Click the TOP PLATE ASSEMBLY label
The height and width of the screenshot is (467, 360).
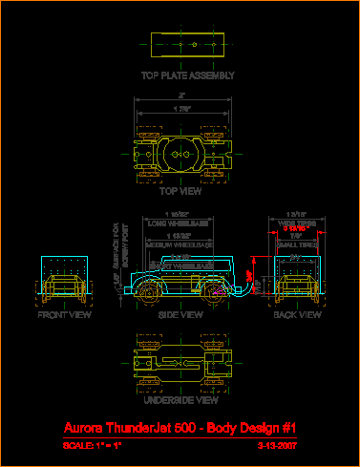(x=187, y=74)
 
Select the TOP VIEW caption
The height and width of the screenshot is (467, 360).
(x=180, y=190)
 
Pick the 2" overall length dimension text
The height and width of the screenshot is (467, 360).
(x=181, y=96)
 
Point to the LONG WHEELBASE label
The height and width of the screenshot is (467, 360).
(x=181, y=222)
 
